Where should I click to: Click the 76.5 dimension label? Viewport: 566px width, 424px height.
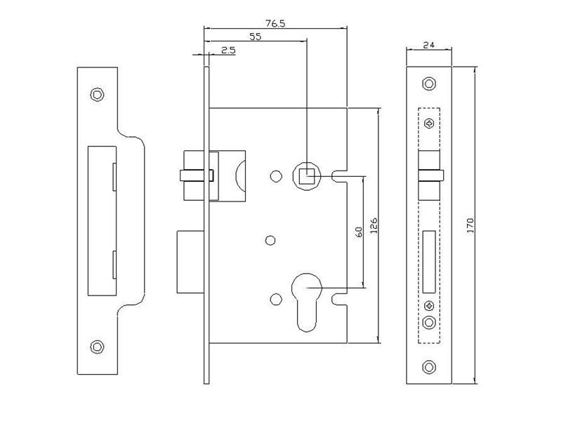click(x=275, y=23)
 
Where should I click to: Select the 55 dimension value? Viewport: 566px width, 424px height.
click(x=255, y=37)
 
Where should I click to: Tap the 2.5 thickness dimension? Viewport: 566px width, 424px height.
click(x=228, y=50)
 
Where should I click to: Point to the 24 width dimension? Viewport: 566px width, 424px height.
click(x=428, y=45)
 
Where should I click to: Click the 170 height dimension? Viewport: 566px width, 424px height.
click(x=470, y=225)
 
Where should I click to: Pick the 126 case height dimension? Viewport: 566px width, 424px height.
click(x=374, y=225)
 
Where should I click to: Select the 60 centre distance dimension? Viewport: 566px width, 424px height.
click(x=359, y=232)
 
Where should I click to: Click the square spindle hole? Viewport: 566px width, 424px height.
click(x=306, y=176)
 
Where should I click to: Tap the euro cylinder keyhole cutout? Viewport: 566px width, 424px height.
click(x=306, y=302)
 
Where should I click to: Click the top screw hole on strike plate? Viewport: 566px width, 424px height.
click(x=97, y=95)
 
